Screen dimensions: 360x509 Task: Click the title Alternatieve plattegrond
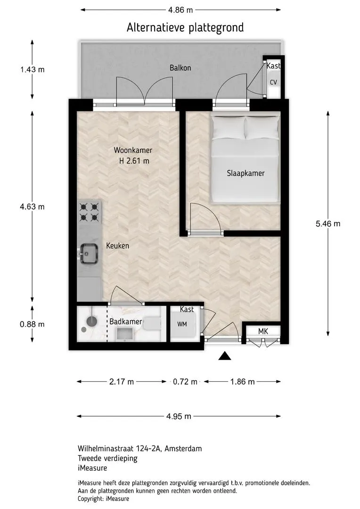[185, 28]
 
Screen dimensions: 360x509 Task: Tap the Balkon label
[180, 68]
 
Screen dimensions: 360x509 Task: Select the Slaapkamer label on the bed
[245, 173]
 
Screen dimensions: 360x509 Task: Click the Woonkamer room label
[133, 150]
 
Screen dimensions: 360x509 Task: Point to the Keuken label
[117, 246]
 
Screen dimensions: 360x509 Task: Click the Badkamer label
[126, 322]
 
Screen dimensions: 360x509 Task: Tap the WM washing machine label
[182, 324]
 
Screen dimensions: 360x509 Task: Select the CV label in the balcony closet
[273, 82]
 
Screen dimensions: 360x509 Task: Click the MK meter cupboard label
[263, 331]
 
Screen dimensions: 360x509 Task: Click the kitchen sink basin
[89, 254]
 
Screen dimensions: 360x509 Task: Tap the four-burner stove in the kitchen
[89, 212]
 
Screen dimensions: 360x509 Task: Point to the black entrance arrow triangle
[225, 356]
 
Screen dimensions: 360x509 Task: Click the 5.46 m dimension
[328, 224]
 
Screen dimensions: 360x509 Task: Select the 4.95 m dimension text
[179, 416]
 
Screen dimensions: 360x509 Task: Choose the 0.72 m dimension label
[185, 382]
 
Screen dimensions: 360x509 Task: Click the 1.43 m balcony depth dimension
[33, 69]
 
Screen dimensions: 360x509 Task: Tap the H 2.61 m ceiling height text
[134, 161]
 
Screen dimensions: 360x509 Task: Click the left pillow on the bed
[228, 128]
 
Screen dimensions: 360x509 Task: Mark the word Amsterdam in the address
[183, 449]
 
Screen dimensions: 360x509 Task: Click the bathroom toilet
[152, 324]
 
